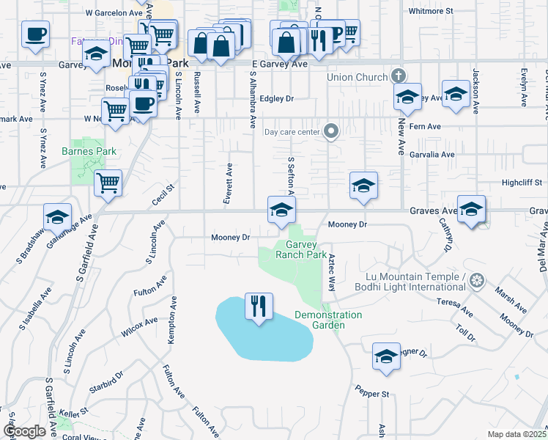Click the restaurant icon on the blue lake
click(259, 306)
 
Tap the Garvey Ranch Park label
click(300, 250)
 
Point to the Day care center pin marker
click(331, 131)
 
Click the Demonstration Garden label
click(328, 320)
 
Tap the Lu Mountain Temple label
click(415, 282)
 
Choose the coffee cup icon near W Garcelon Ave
click(35, 34)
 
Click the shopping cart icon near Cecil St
click(108, 183)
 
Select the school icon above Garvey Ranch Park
click(281, 210)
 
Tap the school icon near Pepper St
click(386, 356)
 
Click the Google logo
click(25, 431)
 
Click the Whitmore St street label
click(432, 12)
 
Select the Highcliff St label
click(522, 182)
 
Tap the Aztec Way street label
click(332, 274)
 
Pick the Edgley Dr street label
click(276, 98)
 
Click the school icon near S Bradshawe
click(57, 217)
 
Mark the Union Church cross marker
click(398, 75)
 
